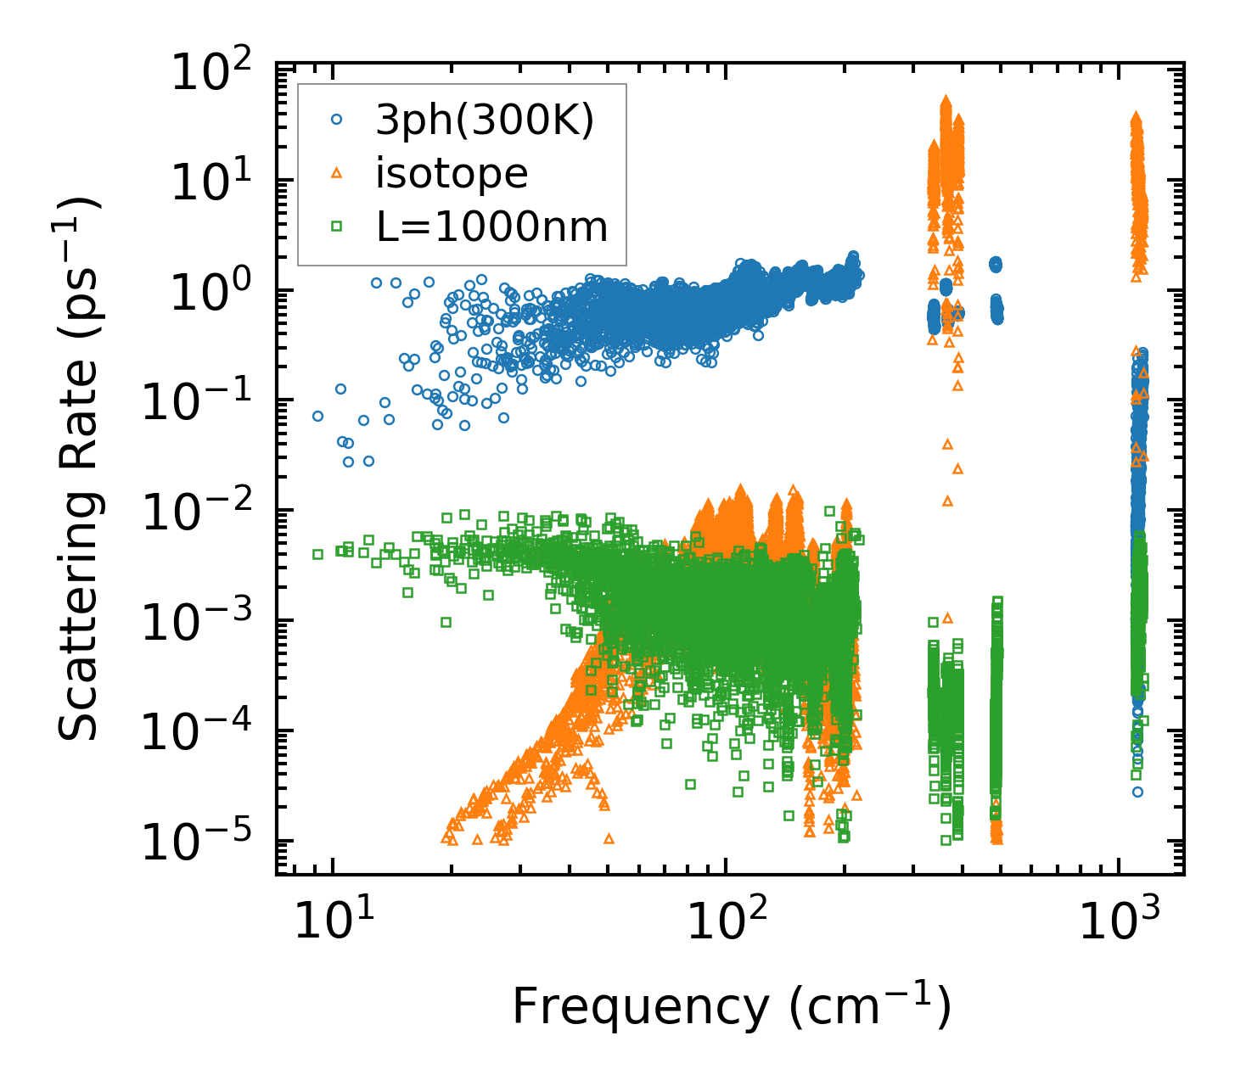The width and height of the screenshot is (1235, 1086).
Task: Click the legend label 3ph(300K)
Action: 484,121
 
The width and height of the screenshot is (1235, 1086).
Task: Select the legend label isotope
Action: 452,174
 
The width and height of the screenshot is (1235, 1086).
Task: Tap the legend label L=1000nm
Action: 491,227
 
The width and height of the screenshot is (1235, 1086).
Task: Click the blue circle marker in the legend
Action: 336,120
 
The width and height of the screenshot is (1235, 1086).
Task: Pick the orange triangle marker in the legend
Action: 336,173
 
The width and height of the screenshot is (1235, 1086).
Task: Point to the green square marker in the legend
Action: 336,226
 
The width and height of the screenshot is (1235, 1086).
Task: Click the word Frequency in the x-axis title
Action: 640,1008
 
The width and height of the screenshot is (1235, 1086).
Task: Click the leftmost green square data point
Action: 317,554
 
